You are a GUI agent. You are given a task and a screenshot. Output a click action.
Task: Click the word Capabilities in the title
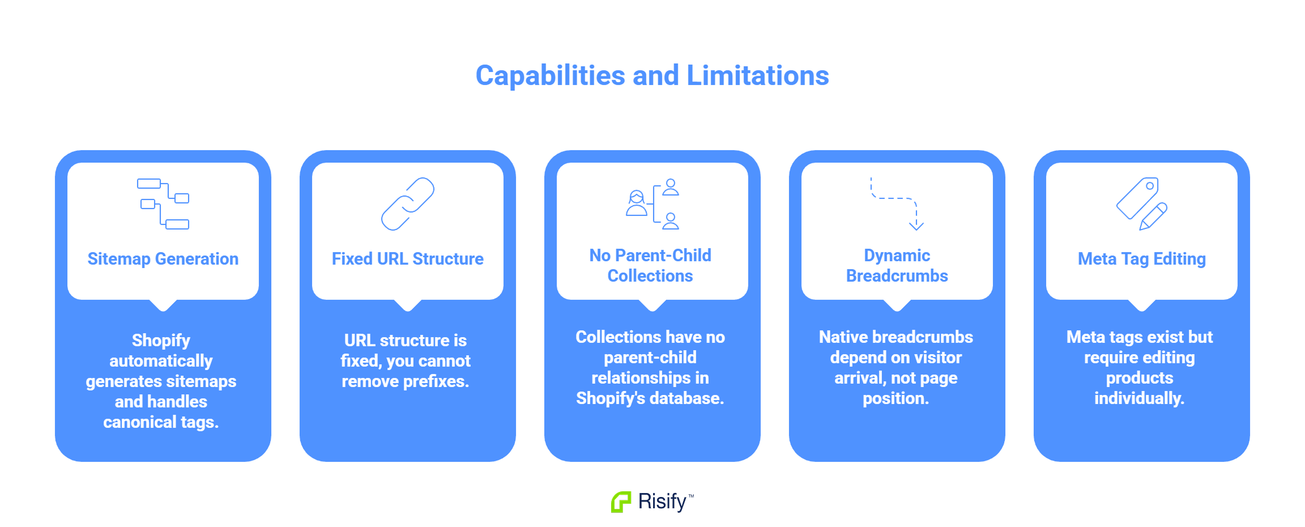click(551, 76)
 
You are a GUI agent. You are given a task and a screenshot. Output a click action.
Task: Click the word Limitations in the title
click(758, 75)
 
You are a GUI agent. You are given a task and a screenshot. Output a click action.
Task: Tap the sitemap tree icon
click(163, 204)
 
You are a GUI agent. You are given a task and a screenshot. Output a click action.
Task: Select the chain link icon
click(408, 204)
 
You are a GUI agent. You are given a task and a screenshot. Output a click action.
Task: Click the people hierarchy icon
click(652, 204)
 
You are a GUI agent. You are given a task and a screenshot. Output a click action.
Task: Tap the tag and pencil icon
click(1142, 204)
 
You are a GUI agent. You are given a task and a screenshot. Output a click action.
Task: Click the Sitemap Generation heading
click(163, 259)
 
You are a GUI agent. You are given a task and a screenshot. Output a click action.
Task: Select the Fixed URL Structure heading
click(408, 259)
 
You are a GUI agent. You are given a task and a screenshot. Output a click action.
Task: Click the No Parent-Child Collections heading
click(650, 266)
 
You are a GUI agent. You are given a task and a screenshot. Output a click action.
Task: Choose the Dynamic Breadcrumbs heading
click(897, 266)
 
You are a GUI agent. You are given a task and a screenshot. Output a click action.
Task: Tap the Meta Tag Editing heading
click(1142, 259)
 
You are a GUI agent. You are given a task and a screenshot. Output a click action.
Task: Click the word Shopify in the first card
click(161, 341)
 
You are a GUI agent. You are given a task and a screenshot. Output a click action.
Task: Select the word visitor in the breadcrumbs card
click(935, 358)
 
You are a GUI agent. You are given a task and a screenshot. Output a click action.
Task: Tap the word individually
click(1140, 398)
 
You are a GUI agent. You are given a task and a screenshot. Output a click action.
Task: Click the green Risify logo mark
click(621, 502)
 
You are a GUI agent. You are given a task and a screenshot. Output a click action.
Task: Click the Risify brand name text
click(663, 502)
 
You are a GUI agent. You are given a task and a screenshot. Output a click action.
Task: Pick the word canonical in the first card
click(140, 422)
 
